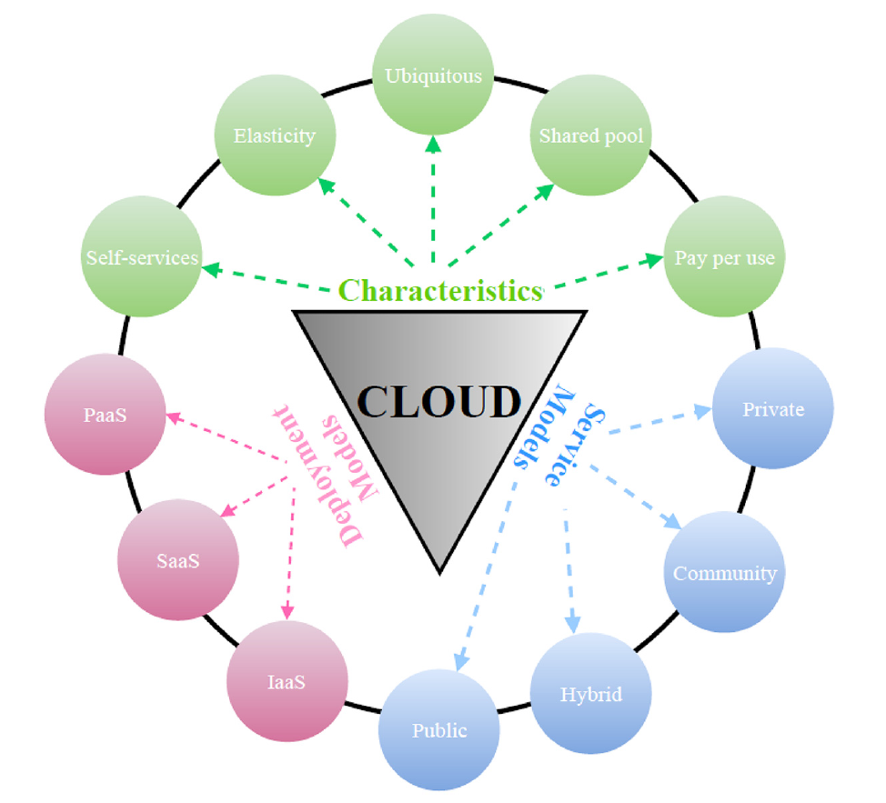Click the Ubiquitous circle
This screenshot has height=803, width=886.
[433, 75]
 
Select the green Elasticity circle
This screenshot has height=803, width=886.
[275, 136]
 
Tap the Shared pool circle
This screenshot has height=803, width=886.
[591, 136]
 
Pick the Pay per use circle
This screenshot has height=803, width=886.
[724, 257]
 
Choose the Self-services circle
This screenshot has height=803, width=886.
[142, 257]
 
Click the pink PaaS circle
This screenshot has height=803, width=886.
[105, 415]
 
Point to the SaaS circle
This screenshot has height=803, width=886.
[178, 559]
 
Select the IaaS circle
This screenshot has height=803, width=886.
[287, 682]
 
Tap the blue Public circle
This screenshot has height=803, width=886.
[439, 729]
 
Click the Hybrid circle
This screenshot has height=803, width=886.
[591, 694]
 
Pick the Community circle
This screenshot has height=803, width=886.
[724, 573]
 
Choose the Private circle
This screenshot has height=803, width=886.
[773, 408]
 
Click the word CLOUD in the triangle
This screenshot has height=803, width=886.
[439, 401]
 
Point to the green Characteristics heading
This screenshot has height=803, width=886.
[440, 290]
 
